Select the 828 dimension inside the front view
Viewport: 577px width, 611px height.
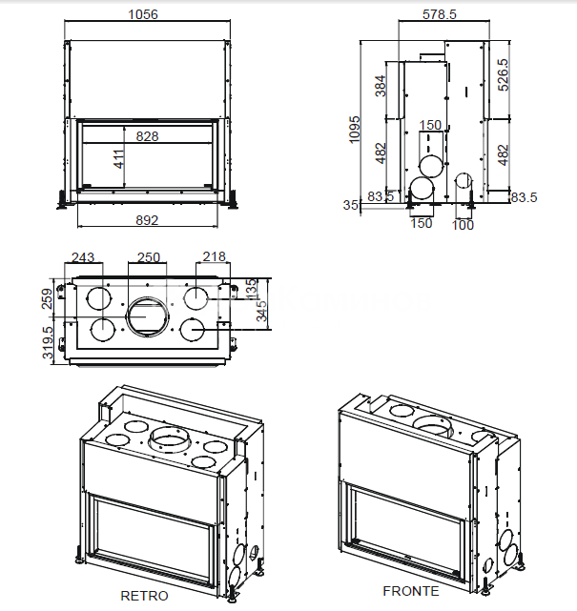(x=147, y=136)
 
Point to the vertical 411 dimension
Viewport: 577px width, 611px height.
(x=119, y=159)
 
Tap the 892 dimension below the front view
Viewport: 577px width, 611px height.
(x=147, y=220)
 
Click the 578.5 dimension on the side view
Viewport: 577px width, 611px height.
(x=439, y=14)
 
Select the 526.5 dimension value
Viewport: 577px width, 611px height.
(x=503, y=75)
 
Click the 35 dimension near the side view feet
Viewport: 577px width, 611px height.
(x=350, y=205)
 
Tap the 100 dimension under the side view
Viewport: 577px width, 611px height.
(x=463, y=225)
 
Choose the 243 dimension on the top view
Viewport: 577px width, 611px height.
(x=83, y=257)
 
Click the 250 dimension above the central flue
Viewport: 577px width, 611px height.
(x=148, y=257)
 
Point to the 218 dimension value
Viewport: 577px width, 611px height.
(x=216, y=257)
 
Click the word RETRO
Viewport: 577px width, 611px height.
(x=144, y=596)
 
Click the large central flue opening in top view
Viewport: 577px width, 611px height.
(x=147, y=315)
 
